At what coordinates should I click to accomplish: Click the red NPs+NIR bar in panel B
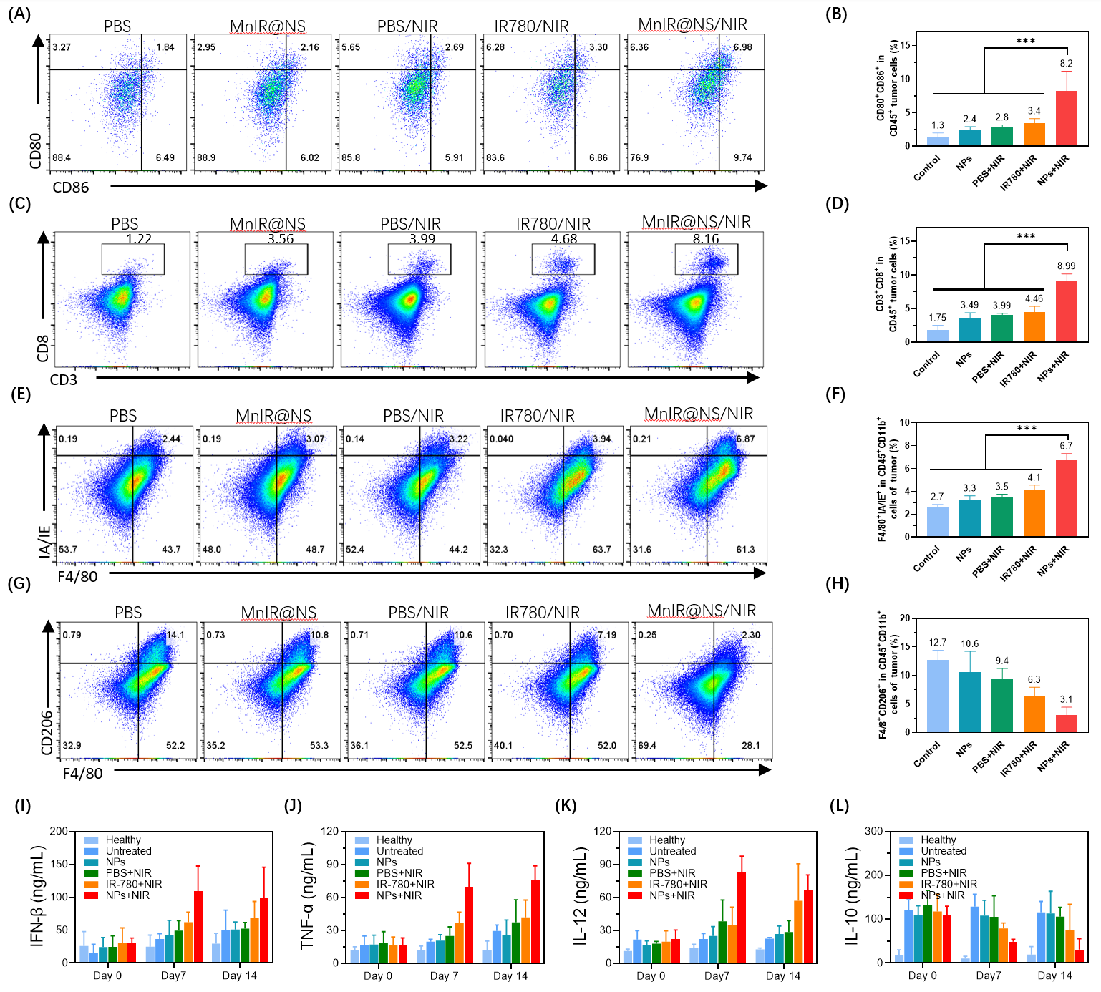click(x=1066, y=119)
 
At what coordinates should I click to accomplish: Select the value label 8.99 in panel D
click(x=1066, y=266)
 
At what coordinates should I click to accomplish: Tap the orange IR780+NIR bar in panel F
click(x=1034, y=512)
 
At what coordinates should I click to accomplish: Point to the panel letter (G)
click(x=19, y=583)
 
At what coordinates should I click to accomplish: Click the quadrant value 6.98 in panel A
click(x=742, y=47)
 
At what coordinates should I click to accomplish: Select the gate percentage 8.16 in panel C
click(x=705, y=239)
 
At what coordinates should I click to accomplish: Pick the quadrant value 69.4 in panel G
click(x=647, y=745)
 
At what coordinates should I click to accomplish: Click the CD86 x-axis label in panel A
click(x=71, y=188)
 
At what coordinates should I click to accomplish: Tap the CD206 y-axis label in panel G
click(x=47, y=731)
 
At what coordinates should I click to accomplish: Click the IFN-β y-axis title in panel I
click(x=38, y=896)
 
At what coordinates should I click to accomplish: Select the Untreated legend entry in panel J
click(x=399, y=851)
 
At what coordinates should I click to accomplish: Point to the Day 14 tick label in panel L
click(x=1054, y=976)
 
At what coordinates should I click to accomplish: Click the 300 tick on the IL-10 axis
click(x=873, y=831)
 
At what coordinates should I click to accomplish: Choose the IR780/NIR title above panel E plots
click(x=537, y=416)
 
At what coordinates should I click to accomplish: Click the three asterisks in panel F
click(x=1027, y=429)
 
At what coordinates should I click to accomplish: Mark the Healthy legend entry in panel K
click(x=666, y=840)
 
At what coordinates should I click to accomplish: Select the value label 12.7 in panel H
click(x=937, y=643)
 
